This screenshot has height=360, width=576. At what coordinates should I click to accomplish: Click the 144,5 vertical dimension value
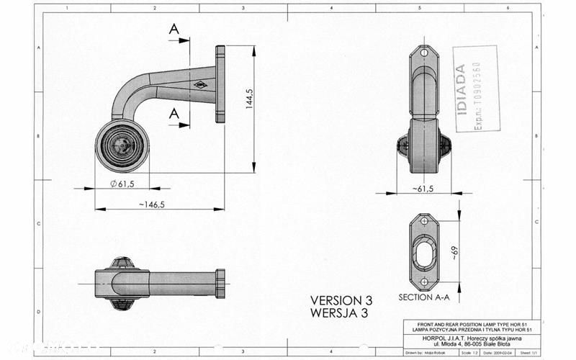(248, 99)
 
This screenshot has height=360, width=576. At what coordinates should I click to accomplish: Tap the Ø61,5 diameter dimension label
(123, 184)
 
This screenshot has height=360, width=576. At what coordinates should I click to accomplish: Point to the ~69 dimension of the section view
(454, 251)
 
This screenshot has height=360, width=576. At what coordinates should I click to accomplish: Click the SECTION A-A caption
(423, 297)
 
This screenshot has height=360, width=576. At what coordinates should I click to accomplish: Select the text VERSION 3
(341, 300)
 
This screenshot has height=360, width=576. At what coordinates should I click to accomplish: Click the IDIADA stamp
(476, 89)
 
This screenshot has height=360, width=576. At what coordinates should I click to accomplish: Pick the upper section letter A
(174, 29)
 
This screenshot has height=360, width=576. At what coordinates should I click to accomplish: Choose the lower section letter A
(174, 113)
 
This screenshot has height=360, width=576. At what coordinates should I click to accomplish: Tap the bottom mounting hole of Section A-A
(423, 281)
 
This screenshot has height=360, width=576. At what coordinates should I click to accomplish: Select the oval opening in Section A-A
(424, 252)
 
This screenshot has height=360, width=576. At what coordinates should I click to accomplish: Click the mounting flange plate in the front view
(220, 84)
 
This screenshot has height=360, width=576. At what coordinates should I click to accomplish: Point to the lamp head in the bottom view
(122, 283)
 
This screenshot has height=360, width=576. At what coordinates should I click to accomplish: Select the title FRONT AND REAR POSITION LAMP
(467, 324)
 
